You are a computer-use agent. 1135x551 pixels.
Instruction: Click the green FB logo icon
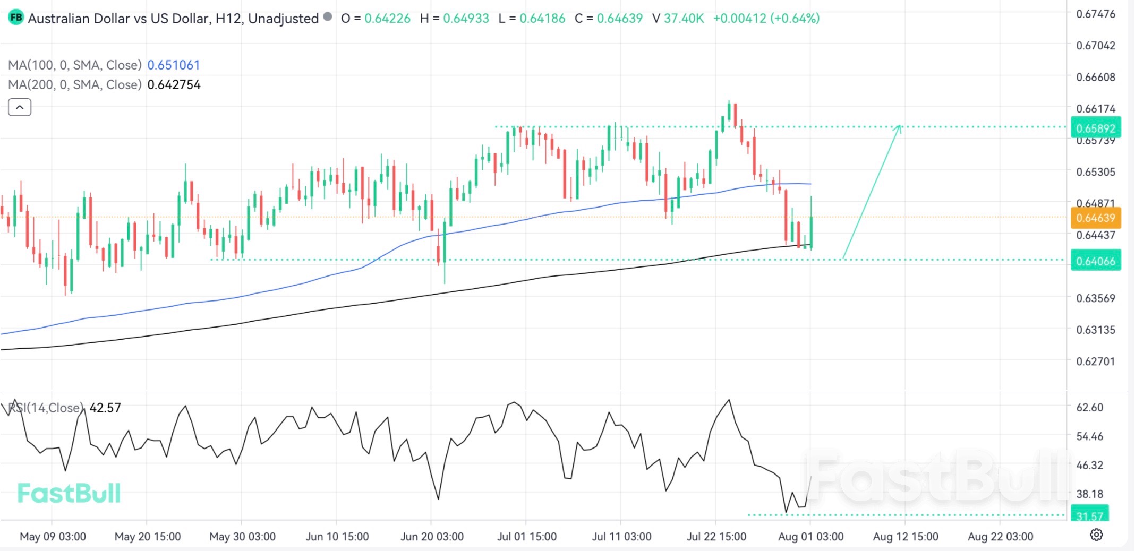16,18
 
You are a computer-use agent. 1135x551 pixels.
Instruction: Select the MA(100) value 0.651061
173,65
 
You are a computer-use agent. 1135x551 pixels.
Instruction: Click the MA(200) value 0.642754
174,84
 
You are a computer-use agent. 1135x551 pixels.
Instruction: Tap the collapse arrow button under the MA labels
20,107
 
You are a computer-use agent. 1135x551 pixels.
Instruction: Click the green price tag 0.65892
1095,128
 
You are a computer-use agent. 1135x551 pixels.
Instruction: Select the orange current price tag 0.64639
1095,218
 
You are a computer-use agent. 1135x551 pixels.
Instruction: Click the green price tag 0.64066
1095,261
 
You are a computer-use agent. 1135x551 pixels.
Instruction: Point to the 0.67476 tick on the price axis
1095,14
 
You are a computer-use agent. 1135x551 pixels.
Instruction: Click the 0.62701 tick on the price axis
1095,361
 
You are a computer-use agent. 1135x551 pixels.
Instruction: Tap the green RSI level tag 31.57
1089,515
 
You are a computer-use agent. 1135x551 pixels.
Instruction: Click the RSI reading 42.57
105,408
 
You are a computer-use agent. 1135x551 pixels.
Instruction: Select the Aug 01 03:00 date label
810,537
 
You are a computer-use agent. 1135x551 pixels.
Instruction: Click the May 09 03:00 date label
53,537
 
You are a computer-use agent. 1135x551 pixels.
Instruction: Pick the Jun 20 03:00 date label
432,537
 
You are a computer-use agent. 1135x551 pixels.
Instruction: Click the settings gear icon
1096,535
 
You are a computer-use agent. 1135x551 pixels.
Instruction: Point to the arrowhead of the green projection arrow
899,126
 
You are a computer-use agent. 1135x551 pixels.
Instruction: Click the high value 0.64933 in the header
466,18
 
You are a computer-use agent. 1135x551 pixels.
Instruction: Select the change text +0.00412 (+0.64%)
766,18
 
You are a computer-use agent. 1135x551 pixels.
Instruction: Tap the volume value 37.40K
684,18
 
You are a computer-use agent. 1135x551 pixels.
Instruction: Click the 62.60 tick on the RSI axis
1089,407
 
